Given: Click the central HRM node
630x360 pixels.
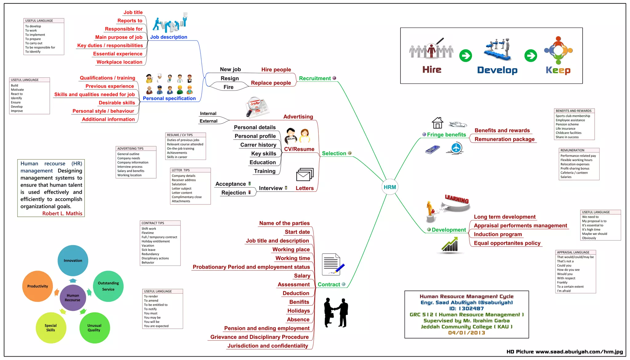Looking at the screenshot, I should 390,187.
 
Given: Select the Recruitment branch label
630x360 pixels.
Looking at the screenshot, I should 315,78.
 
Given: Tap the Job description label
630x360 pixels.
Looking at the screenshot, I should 169,37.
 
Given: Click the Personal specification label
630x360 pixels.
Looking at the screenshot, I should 169,98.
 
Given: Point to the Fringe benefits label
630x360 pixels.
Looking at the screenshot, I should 446,135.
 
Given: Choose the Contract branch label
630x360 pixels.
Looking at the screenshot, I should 329,285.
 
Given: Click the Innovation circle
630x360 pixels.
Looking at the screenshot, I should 73,260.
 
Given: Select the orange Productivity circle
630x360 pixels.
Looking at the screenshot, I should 38,286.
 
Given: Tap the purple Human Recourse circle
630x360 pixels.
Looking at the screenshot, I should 73,298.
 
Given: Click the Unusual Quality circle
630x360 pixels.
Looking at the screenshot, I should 94,328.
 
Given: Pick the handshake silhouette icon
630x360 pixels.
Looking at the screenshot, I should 336,312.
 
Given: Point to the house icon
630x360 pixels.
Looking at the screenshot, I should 437,123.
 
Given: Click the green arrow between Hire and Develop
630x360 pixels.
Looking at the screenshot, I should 465,56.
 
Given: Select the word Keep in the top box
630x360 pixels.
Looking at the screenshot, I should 558,70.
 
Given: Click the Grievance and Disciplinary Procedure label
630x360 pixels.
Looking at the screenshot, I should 259,337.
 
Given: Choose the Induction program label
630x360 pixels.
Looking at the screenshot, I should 498,234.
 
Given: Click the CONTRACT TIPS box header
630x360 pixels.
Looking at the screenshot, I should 153,223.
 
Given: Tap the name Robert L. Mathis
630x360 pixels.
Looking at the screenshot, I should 62,213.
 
